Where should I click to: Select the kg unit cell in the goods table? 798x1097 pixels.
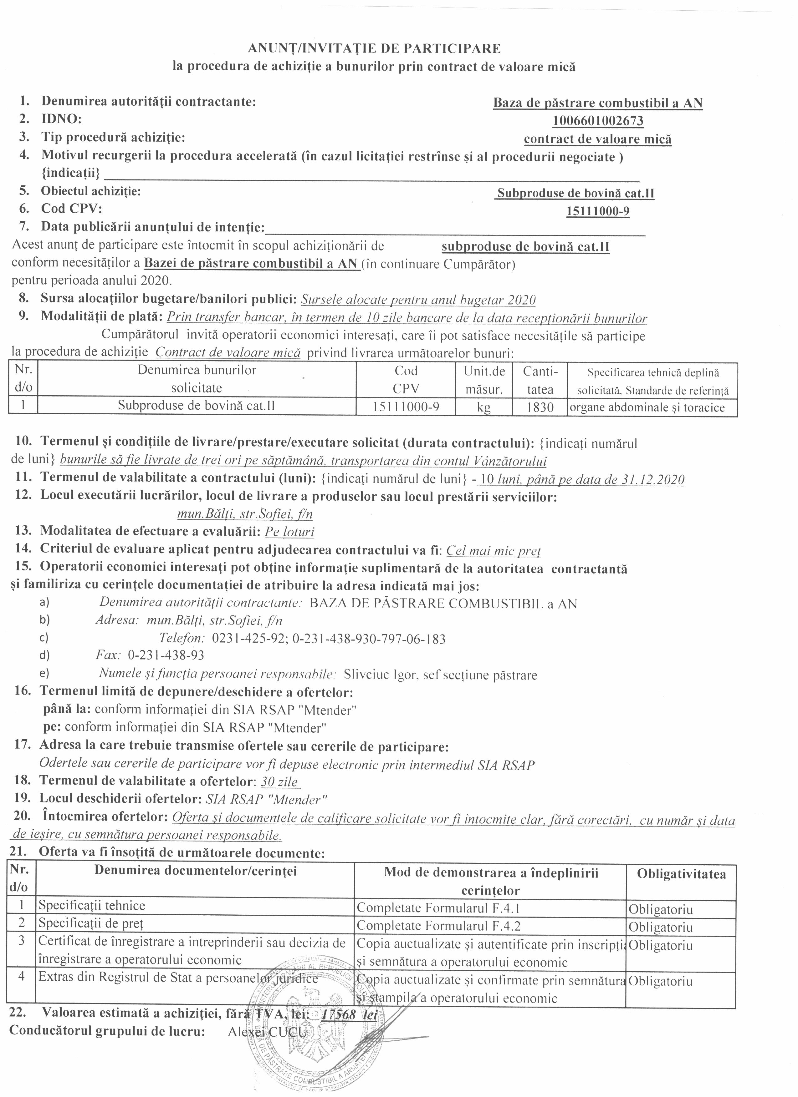click(x=483, y=407)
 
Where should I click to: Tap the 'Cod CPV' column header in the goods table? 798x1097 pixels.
click(x=406, y=379)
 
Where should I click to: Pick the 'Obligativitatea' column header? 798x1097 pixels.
click(x=681, y=874)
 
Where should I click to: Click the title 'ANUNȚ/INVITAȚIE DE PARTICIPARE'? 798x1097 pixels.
click(x=374, y=48)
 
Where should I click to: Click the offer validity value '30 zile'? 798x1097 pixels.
click(x=279, y=782)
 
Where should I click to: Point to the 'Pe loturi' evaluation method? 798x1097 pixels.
click(x=289, y=532)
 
